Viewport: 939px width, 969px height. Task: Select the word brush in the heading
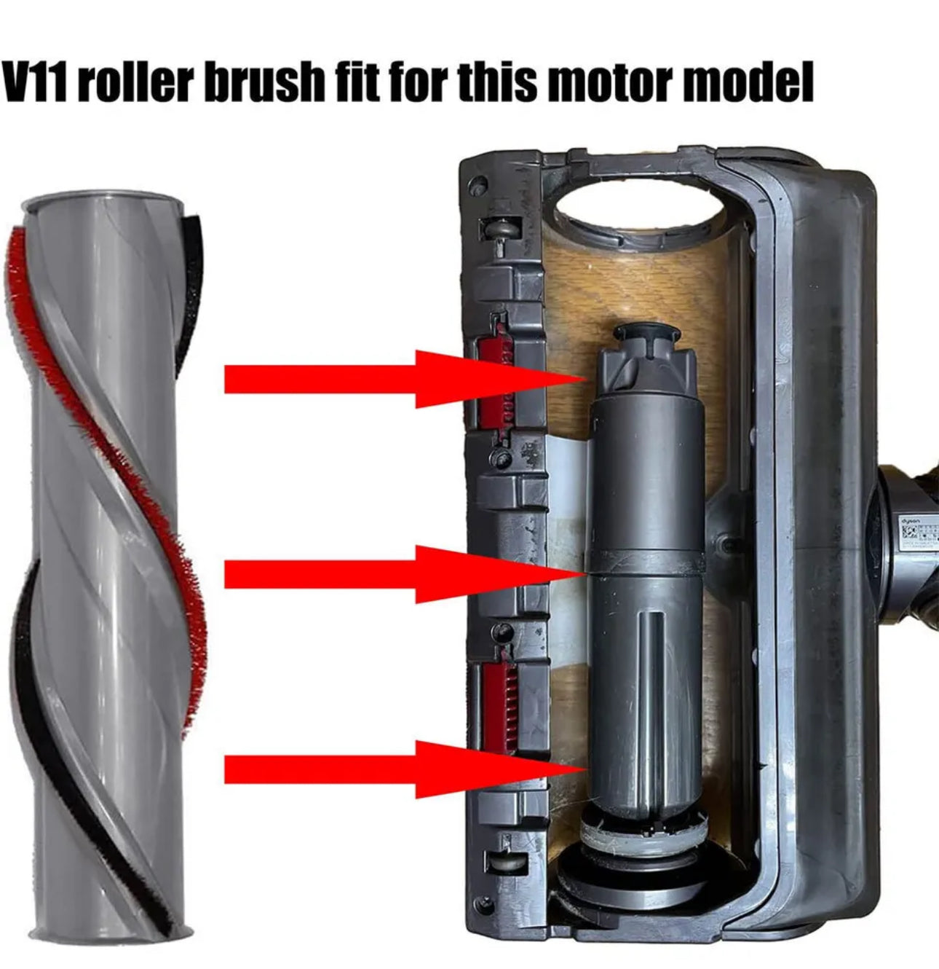coord(258,83)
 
